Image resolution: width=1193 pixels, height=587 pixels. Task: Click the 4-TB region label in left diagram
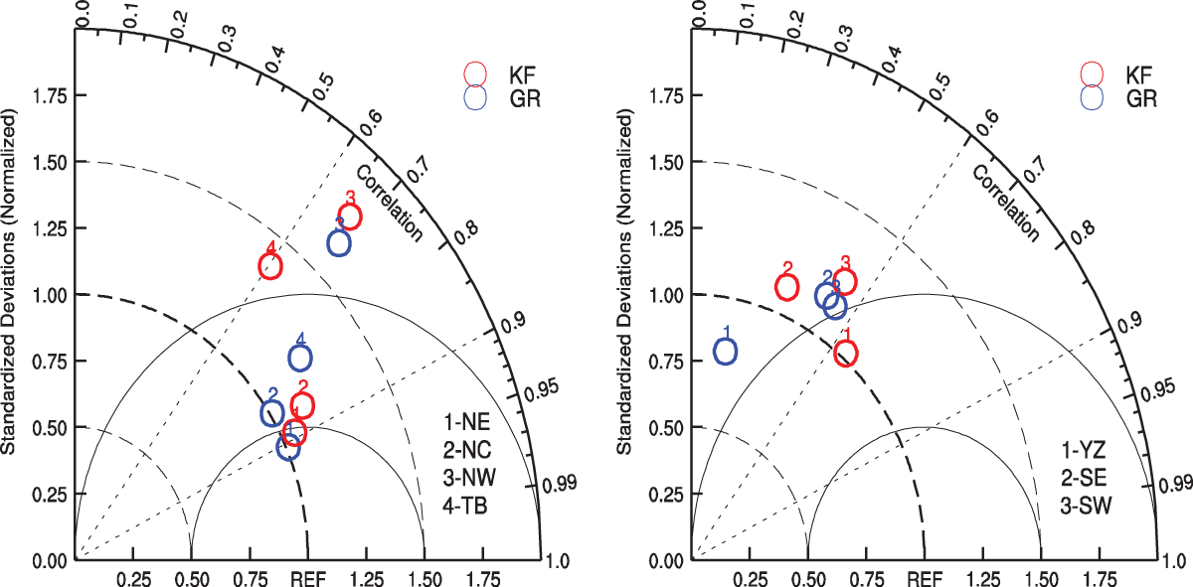pos(465,506)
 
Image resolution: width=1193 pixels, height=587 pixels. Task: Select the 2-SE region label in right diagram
pos(1084,478)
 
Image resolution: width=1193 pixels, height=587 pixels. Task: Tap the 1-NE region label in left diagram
pos(466,422)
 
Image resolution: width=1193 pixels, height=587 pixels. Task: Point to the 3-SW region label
pos(1086,506)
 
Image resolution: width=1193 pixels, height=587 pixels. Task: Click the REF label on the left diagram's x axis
pos(308,578)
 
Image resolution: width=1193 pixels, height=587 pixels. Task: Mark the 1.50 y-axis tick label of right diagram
pos(666,162)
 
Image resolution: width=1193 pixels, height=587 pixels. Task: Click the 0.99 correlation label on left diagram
pos(559,484)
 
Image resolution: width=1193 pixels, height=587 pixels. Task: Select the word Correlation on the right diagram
pos(1005,204)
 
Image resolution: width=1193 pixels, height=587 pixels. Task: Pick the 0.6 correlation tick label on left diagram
pos(371,123)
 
